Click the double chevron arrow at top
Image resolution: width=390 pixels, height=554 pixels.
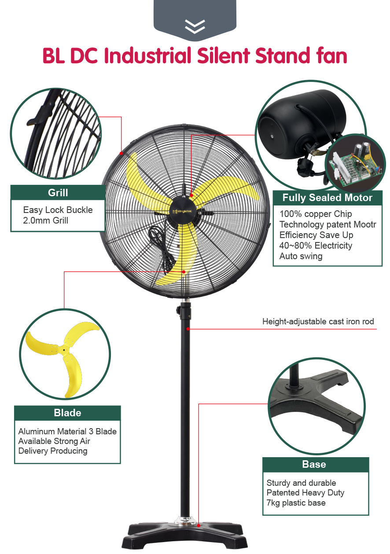point(195,26)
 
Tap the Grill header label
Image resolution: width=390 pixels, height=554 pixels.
point(58,193)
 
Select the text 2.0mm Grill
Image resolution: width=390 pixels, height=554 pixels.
point(45,220)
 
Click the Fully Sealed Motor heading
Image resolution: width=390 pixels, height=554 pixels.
point(327,198)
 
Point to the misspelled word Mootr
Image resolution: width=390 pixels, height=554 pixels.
point(365,224)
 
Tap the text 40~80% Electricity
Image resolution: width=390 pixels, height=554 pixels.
point(316,246)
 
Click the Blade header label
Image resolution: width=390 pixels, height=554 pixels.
point(67,413)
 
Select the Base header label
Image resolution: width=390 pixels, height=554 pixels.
point(314,464)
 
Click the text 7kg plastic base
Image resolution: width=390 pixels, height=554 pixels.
point(296,503)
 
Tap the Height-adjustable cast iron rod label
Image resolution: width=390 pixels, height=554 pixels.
point(318,322)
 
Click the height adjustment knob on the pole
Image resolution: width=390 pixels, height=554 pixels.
point(178,310)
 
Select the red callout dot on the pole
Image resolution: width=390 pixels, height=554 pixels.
point(188,329)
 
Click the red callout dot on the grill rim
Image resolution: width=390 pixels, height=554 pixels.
point(121,153)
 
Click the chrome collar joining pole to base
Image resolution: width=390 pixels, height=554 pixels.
point(185,521)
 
